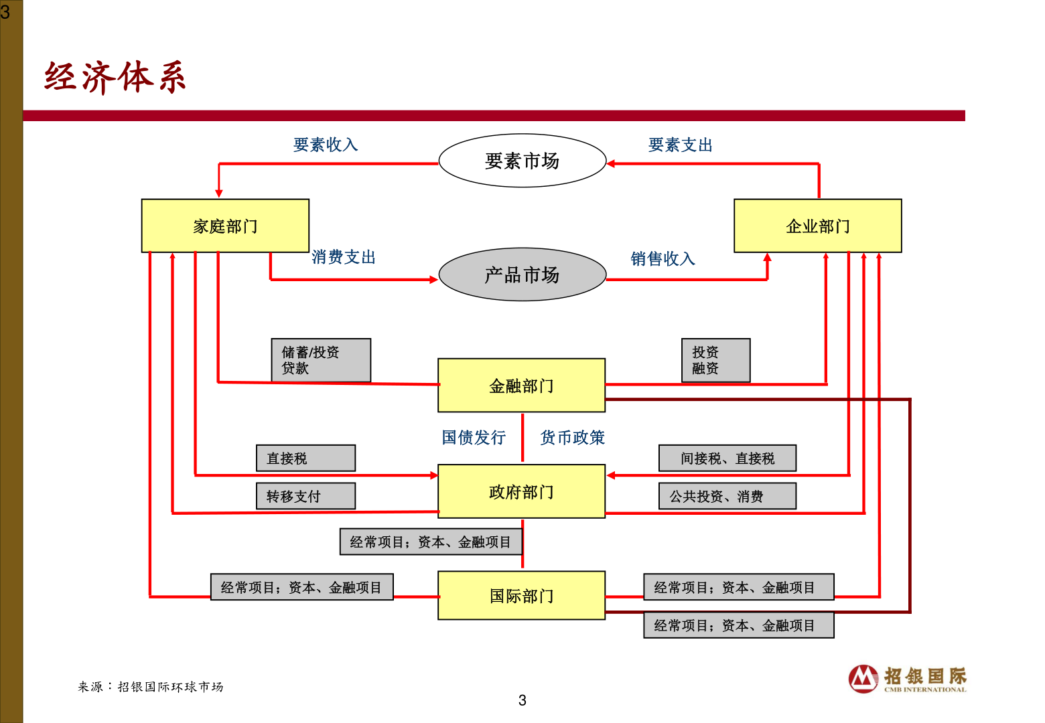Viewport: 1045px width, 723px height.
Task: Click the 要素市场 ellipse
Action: pyautogui.click(x=522, y=161)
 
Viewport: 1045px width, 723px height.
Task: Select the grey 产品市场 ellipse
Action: pyautogui.click(x=522, y=274)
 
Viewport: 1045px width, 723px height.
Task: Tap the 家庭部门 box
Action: pyautogui.click(x=225, y=226)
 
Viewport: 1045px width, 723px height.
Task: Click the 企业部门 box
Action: pyautogui.click(x=817, y=226)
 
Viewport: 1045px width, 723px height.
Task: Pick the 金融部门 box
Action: pyautogui.click(x=521, y=386)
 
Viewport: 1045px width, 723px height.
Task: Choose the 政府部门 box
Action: pyautogui.click(x=521, y=492)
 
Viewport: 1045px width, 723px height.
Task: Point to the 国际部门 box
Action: pyautogui.click(x=521, y=596)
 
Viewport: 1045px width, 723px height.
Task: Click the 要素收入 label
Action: pyautogui.click(x=326, y=145)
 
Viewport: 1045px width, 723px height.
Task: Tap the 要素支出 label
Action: pyautogui.click(x=680, y=145)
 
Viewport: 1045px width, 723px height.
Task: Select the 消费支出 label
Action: pyautogui.click(x=344, y=257)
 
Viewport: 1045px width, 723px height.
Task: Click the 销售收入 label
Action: pyautogui.click(x=663, y=258)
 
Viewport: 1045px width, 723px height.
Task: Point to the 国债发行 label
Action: pyautogui.click(x=474, y=438)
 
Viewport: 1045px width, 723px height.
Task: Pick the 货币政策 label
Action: pyautogui.click(x=572, y=438)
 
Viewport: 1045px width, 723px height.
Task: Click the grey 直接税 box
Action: pyautogui.click(x=305, y=459)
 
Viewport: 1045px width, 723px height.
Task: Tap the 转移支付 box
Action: pyautogui.click(x=305, y=496)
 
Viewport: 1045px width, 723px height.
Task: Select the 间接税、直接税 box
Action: pyautogui.click(x=727, y=459)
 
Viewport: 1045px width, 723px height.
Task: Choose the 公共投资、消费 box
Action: pyautogui.click(x=727, y=496)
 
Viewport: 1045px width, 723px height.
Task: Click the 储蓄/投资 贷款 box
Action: pyautogui.click(x=321, y=360)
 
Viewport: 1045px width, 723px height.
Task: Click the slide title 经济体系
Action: pyautogui.click(x=115, y=77)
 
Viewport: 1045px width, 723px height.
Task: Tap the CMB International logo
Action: pyautogui.click(x=907, y=679)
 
